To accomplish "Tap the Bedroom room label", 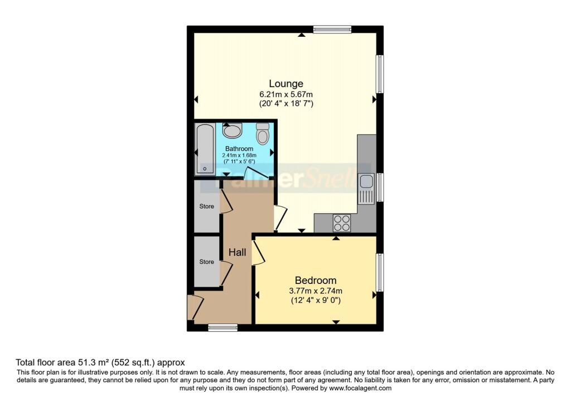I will (316, 280).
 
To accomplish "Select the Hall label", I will (238, 253).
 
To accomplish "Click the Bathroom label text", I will (239, 149).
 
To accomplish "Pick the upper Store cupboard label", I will (207, 206).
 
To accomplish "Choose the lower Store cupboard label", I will (207, 261).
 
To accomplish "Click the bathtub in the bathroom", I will (205, 149).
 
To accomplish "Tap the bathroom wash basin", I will (232, 131).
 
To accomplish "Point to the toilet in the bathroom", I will (263, 134).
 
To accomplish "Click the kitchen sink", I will (366, 187).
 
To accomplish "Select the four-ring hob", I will (341, 223).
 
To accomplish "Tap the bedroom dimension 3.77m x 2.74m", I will (316, 291).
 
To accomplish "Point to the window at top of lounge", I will (332, 30).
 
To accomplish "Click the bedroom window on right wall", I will (379, 272).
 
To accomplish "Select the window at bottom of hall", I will (219, 327).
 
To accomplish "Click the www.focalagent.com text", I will (360, 388).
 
